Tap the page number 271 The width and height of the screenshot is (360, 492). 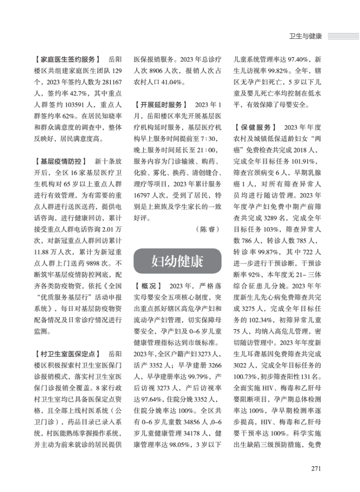315,468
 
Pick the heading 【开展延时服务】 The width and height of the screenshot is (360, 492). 161,104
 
